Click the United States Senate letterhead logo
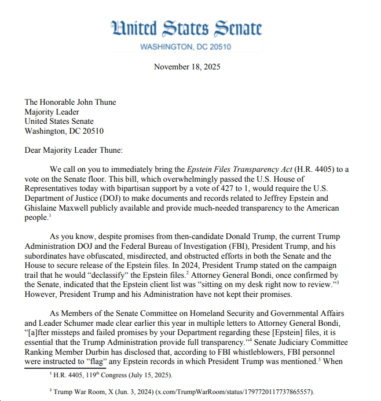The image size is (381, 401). coord(186,28)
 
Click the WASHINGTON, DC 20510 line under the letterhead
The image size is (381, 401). coord(186,46)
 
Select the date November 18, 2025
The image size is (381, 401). coord(187,67)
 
